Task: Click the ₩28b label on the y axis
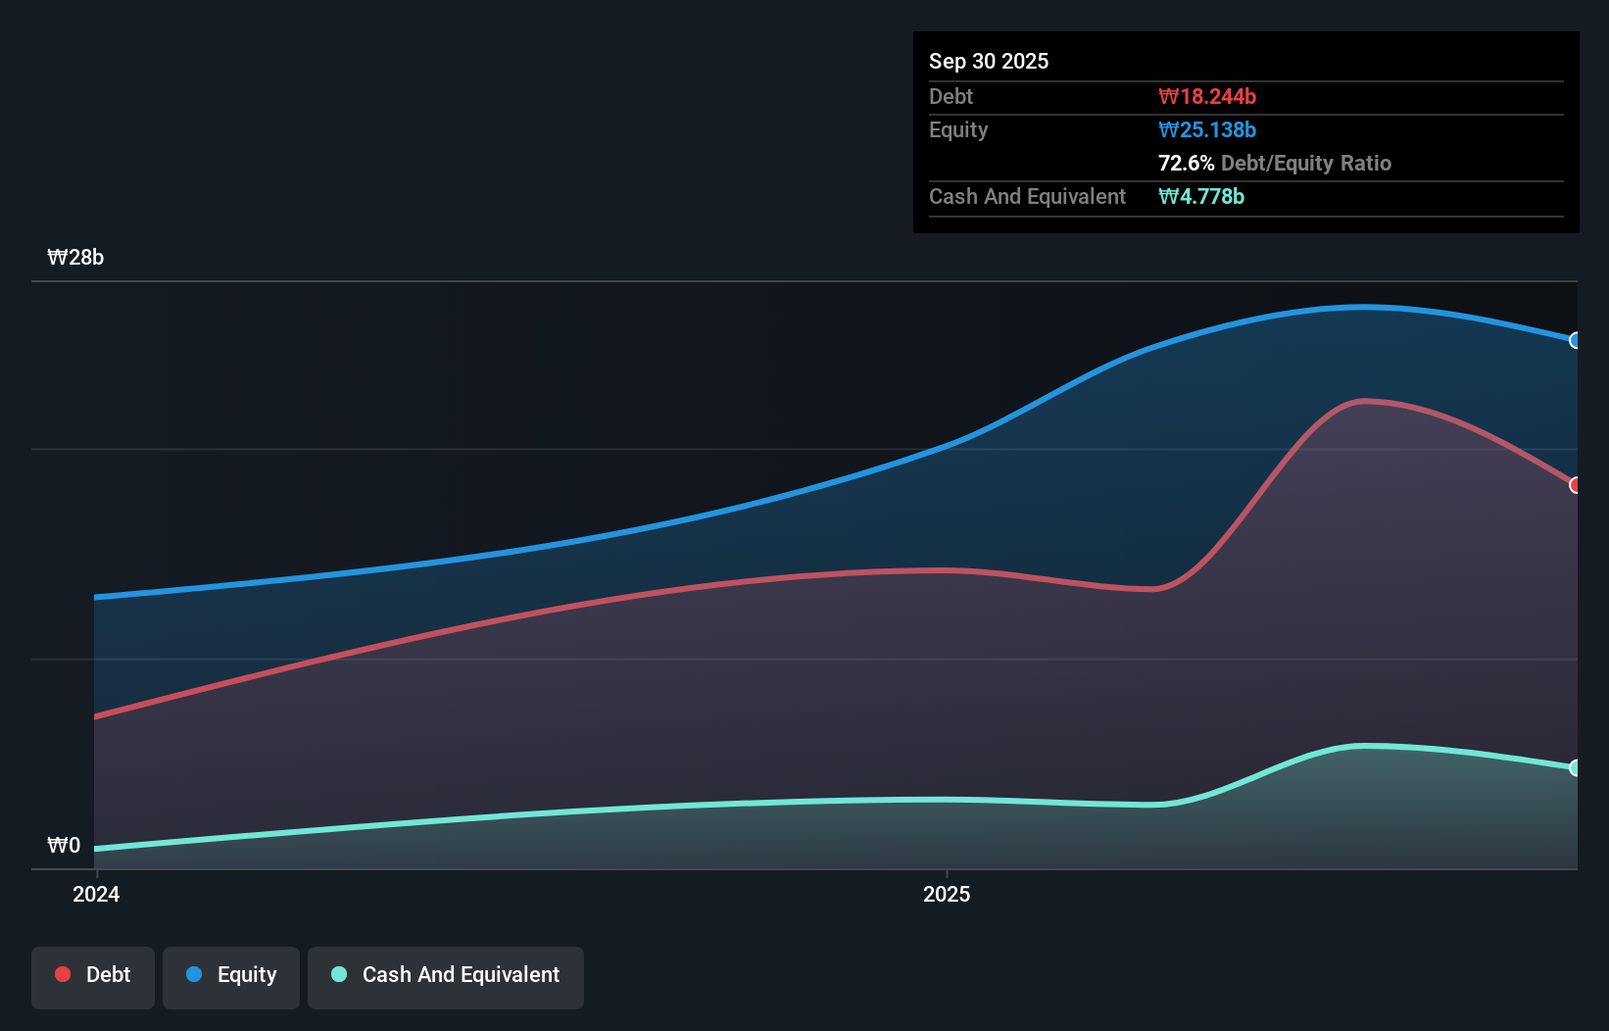[75, 258]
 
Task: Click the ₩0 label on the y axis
[64, 846]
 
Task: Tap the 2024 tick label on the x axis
[96, 894]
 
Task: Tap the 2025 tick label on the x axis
[947, 894]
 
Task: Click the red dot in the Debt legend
[63, 974]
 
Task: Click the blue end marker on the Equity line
[1575, 340]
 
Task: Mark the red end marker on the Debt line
[1575, 485]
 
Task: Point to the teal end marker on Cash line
[1575, 767]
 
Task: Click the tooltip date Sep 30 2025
[988, 61]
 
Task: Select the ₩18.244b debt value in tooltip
[1206, 96]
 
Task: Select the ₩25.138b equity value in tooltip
[1206, 129]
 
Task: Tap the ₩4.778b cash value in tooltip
[1200, 196]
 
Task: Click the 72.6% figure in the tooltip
[1186, 163]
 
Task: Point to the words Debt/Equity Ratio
[1305, 163]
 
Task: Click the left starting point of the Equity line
[96, 597]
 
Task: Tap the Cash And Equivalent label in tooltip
[1027, 196]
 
